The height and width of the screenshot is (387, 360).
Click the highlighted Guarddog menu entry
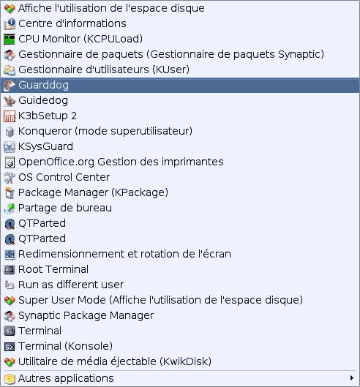point(180,86)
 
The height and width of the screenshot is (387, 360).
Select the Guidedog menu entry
point(43,101)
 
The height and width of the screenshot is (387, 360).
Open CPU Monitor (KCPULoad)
point(80,40)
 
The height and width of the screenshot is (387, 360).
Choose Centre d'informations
point(72,23)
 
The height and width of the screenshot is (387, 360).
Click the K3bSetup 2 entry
point(48,116)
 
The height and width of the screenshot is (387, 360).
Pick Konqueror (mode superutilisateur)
point(105,131)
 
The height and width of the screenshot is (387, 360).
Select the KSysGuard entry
point(45,146)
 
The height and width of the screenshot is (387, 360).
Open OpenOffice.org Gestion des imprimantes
point(121,162)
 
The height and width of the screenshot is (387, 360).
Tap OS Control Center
point(64,177)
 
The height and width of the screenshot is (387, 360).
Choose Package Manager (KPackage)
point(94,192)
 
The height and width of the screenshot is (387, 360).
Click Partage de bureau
point(65,208)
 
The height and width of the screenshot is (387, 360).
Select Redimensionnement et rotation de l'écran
point(124,254)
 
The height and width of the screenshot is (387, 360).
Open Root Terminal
point(53,269)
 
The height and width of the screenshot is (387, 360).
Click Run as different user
point(71,285)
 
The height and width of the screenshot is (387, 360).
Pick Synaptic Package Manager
point(86,315)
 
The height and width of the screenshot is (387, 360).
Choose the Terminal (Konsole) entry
point(65,346)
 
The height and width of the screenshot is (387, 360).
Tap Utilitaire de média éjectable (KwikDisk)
point(115,361)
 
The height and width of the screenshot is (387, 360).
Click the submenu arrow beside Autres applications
point(352,378)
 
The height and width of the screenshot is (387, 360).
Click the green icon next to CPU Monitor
point(10,40)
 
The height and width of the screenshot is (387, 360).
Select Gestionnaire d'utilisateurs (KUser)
point(104,69)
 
